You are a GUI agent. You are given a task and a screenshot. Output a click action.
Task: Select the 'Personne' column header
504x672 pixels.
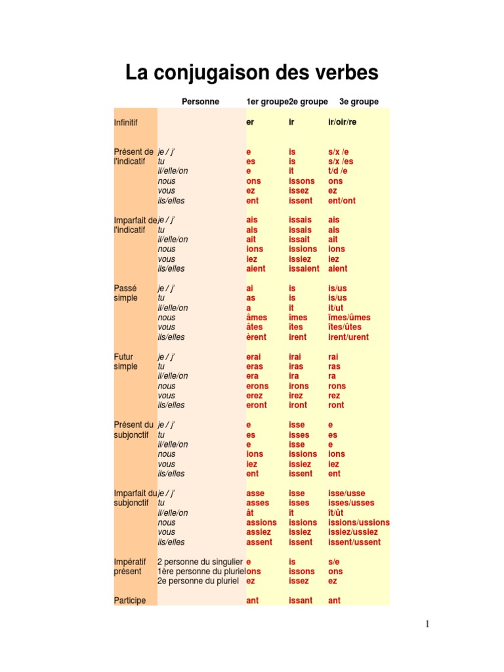point(200,102)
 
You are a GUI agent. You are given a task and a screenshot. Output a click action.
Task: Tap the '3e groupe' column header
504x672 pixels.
point(359,102)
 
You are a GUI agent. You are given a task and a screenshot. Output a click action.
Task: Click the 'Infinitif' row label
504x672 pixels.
point(126,123)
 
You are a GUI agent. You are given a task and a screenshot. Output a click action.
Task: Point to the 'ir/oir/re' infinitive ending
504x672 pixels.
point(343,123)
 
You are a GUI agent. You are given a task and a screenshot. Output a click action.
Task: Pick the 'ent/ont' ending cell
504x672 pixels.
point(342,200)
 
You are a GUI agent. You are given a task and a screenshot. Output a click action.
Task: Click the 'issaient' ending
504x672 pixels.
point(304,268)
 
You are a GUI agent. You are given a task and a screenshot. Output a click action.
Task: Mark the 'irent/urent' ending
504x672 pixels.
point(348,337)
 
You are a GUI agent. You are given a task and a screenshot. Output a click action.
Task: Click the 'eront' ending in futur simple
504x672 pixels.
point(257,406)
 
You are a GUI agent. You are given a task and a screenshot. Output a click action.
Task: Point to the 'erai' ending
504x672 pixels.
point(255,357)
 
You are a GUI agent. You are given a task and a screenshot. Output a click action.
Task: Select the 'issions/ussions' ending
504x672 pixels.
point(358,523)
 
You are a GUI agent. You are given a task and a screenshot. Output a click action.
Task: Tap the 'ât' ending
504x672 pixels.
point(250,513)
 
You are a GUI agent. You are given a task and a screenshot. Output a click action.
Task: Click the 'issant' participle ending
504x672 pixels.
point(301,600)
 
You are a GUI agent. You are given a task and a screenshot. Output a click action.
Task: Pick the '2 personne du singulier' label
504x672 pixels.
point(200,562)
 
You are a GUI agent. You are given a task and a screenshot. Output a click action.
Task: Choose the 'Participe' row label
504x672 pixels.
point(130,600)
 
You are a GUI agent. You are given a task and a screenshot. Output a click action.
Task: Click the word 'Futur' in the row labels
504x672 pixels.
point(124,357)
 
